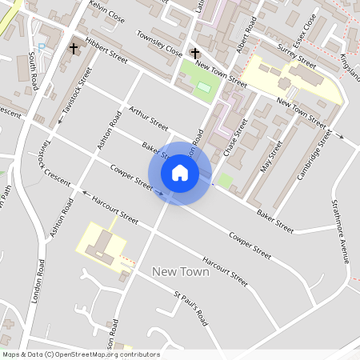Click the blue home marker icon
[x=180, y=173]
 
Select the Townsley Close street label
[x=159, y=45]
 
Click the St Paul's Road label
[x=190, y=309]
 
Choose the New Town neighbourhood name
[x=180, y=272]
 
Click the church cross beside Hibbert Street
[x=74, y=49]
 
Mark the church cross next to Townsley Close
[x=194, y=54]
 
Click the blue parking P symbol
[x=42, y=47]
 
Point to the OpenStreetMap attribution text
[x=81, y=354]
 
